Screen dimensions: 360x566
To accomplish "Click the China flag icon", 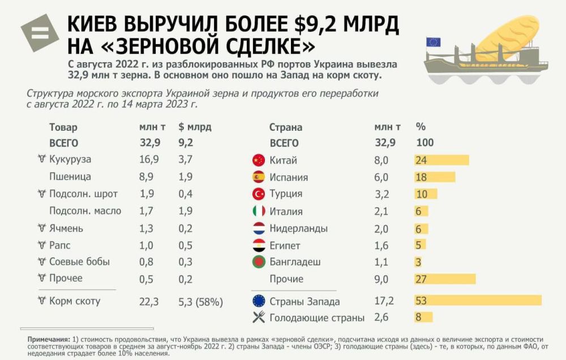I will (259, 160).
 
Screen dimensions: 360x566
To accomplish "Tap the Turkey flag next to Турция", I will (259, 194).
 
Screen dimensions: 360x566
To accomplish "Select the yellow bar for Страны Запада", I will (478, 301).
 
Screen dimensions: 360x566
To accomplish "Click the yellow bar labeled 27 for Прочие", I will (445, 279).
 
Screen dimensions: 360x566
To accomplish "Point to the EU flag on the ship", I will (434, 42).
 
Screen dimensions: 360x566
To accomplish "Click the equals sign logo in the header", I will (40, 33).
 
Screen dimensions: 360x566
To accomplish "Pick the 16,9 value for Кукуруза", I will (149, 160).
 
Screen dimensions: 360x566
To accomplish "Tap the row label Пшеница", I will (70, 177).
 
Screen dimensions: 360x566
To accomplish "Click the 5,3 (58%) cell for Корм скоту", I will (200, 301).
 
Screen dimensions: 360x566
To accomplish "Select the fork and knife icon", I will (259, 318).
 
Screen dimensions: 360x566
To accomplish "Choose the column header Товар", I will (63, 127).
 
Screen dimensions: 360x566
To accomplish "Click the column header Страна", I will (285, 127).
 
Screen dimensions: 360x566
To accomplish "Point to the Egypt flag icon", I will (259, 246).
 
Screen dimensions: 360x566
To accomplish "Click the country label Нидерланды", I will (299, 229).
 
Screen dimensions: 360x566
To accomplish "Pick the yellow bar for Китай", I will (441, 160).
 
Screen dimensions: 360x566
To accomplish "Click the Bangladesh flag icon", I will (259, 263).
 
